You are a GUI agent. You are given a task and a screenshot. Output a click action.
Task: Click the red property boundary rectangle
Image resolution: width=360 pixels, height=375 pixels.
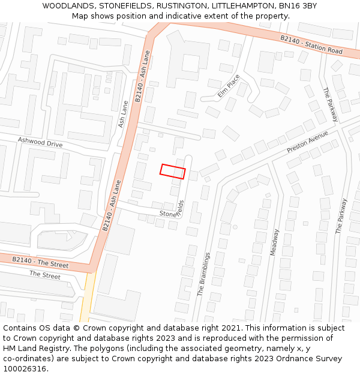click(x=173, y=171)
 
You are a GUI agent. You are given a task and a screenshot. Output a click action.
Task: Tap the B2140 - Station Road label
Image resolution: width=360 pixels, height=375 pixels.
click(x=311, y=44)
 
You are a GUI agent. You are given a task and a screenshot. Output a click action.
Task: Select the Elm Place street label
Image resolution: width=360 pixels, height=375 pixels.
click(x=229, y=86)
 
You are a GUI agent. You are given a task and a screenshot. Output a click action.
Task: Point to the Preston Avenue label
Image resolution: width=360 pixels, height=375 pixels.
click(x=308, y=141)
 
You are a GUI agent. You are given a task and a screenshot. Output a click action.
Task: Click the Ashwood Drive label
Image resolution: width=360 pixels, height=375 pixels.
click(x=40, y=144)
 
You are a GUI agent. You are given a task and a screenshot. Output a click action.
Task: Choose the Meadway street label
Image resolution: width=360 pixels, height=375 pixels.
click(x=274, y=242)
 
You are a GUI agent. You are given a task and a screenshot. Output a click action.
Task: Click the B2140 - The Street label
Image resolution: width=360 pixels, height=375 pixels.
click(x=40, y=262)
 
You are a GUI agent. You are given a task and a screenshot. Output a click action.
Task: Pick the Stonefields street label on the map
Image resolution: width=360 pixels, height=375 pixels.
click(x=172, y=210)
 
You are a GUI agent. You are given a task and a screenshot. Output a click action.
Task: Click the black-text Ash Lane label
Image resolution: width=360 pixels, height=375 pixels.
click(x=124, y=113)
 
